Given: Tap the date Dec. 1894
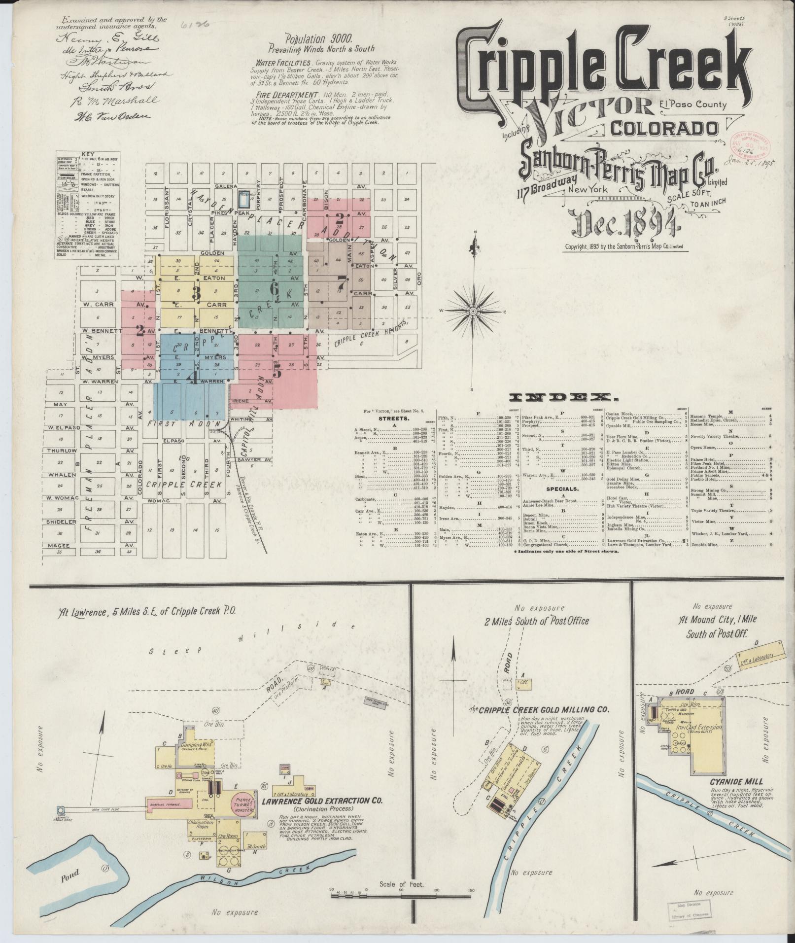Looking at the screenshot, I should click(x=624, y=225).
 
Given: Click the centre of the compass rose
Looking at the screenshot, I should click(x=473, y=311).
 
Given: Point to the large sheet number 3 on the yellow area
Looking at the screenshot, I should click(x=196, y=294).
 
